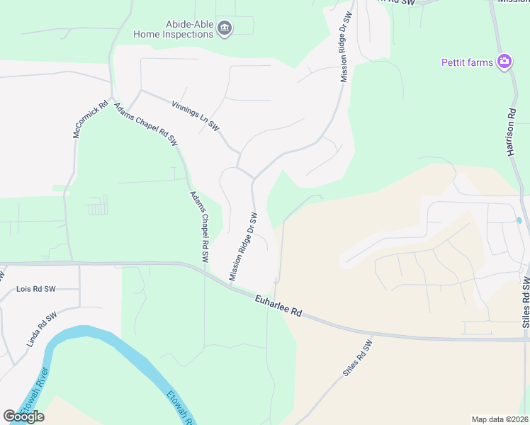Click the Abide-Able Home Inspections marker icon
(225, 28)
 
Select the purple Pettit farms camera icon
(504, 62)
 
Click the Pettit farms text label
(467, 62)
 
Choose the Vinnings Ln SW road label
(196, 114)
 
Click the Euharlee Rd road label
(278, 307)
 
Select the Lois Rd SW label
(35, 289)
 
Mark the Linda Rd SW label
(41, 329)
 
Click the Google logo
(23, 416)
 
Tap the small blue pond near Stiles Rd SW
(519, 220)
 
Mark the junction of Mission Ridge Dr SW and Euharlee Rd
(234, 285)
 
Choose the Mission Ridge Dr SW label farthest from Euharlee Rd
(346, 47)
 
